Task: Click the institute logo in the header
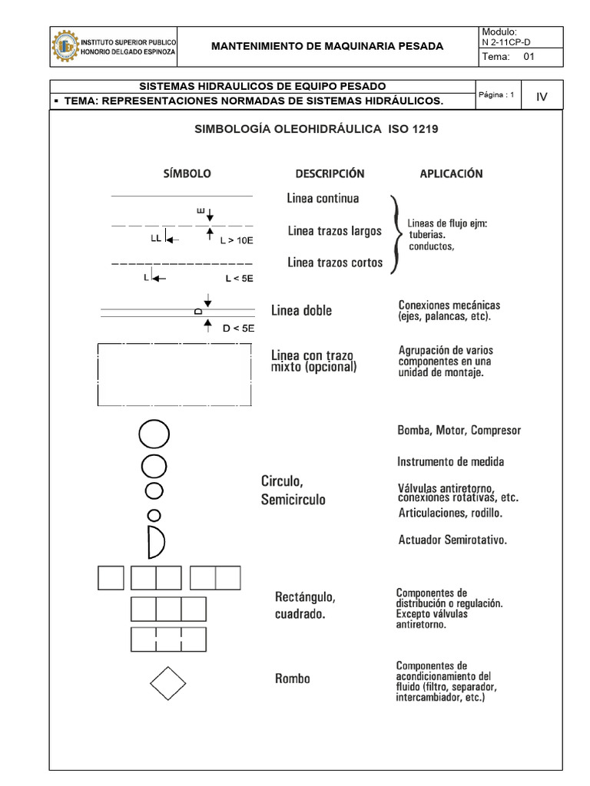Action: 65,46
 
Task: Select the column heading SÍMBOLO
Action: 185,174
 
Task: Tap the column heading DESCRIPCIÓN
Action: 330,174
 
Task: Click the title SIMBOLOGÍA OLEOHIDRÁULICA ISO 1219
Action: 317,130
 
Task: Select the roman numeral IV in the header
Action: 542,97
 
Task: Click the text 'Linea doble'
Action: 302,311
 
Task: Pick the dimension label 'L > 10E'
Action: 236,240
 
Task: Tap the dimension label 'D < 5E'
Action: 237,329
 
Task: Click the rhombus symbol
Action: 167,682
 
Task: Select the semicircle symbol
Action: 156,542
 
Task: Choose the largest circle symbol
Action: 153,434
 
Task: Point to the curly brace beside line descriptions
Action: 395,233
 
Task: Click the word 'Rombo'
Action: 293,679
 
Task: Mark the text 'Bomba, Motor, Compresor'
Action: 459,431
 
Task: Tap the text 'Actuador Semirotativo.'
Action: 452,540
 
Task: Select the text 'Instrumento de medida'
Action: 450,462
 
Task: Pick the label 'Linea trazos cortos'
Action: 335,263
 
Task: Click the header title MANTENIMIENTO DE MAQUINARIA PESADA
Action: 327,46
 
